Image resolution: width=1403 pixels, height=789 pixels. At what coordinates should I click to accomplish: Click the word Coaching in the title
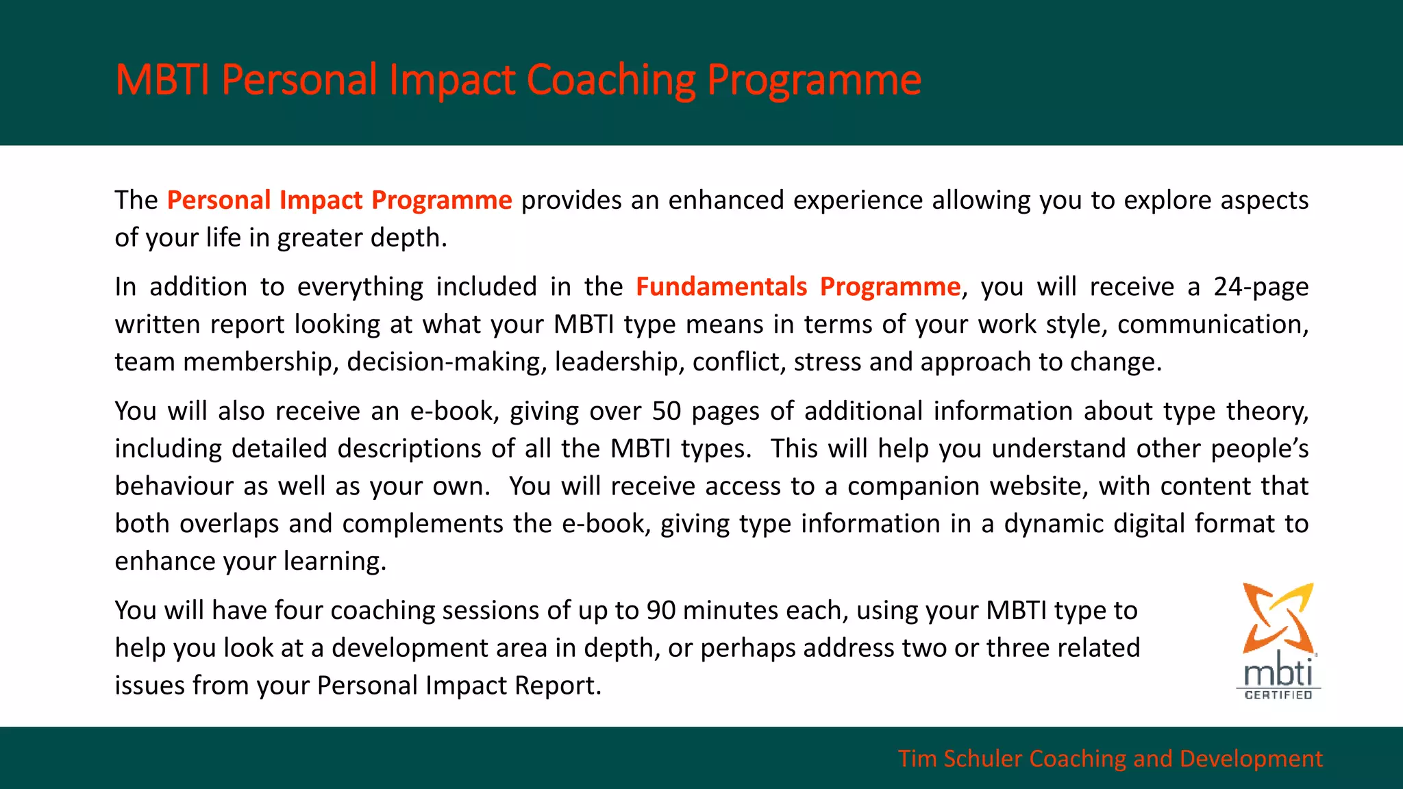tap(611, 80)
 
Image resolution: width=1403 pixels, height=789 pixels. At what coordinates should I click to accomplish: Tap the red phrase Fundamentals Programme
tap(798, 286)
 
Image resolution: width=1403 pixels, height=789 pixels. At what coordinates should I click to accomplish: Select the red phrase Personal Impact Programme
tap(339, 200)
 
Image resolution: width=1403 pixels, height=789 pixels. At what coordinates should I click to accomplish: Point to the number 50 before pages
tap(666, 411)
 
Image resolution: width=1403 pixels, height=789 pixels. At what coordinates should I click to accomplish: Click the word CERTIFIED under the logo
tap(1278, 694)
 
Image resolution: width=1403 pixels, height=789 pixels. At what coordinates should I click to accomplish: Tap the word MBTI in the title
tap(162, 80)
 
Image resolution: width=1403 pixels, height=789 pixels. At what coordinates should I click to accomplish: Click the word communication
tap(1211, 324)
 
